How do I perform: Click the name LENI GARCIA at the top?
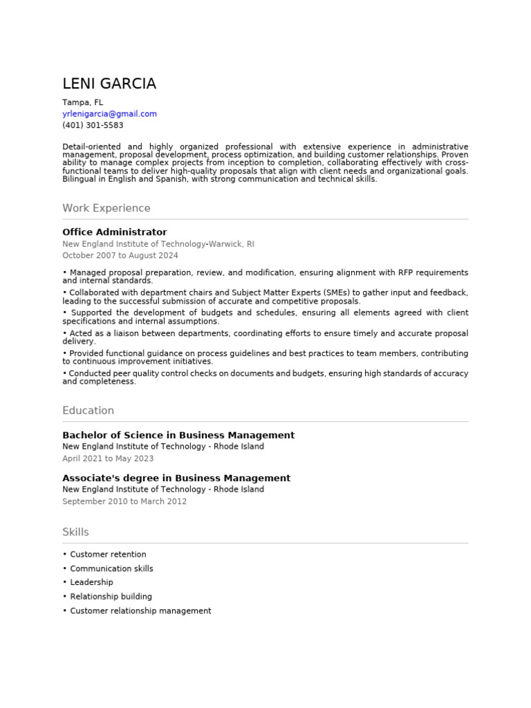tap(109, 84)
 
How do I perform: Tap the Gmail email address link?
tap(109, 114)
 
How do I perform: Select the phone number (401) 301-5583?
tap(93, 126)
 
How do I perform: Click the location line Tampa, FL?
tap(82, 102)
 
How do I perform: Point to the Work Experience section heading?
tap(106, 208)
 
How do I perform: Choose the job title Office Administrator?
tap(115, 232)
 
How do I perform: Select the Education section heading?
tap(88, 411)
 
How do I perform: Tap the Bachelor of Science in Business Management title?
tap(178, 436)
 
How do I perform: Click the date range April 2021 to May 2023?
tap(108, 458)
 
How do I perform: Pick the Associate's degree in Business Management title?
tap(176, 478)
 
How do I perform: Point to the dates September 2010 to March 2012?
tap(124, 501)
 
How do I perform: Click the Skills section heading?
tap(75, 532)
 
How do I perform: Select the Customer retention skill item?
tap(108, 555)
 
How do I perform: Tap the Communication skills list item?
tap(111, 569)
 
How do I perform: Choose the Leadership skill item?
tap(91, 583)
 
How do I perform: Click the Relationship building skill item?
tap(111, 597)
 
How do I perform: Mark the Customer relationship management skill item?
tap(140, 611)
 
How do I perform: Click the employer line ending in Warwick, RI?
tap(158, 244)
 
